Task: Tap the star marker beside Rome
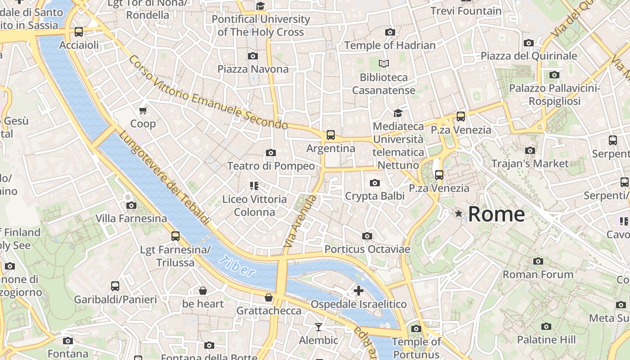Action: pos(459,213)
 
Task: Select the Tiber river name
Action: pos(237,266)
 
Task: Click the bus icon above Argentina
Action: pos(331,135)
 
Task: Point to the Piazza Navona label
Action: pos(253,69)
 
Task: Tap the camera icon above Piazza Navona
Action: pos(253,56)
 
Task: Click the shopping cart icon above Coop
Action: pos(143,110)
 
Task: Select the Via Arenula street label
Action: pos(299,221)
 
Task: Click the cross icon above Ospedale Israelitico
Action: pos(359,291)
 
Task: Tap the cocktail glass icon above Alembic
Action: pos(319,327)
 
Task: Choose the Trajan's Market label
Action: pos(530,163)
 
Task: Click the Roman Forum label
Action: pos(538,274)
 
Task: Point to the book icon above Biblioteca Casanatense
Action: pos(384,64)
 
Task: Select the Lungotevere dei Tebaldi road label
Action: pos(164,178)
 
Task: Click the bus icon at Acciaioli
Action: pos(79,32)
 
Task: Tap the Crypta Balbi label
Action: pos(374,196)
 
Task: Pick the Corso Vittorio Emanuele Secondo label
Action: pos(208,92)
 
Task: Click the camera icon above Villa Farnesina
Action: pos(131,205)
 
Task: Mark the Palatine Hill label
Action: pos(546,339)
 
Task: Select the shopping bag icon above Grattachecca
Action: pos(269,297)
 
